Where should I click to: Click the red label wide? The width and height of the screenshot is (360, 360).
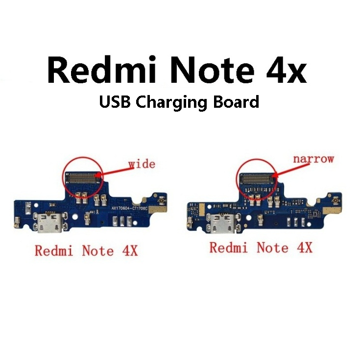coord(142,164)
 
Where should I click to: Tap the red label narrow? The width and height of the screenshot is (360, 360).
coord(313,159)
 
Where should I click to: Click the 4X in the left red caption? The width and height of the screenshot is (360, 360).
coord(128,251)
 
